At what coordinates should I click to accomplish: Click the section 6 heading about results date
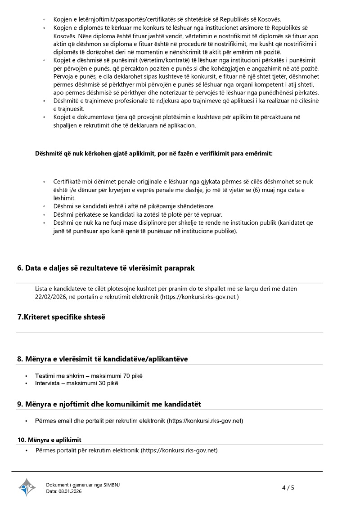[106, 268]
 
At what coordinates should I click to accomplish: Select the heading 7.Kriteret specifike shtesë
[61, 317]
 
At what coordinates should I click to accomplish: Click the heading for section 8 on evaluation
[102, 359]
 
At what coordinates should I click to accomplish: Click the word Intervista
[49, 383]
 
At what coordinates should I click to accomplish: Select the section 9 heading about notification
[109, 404]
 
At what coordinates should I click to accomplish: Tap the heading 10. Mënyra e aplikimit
[49, 439]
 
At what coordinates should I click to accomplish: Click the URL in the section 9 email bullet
[205, 421]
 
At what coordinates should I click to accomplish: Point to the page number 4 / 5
[288, 488]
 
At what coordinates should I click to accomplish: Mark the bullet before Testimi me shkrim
[27, 376]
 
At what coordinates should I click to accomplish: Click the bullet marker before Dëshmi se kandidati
[44, 206]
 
